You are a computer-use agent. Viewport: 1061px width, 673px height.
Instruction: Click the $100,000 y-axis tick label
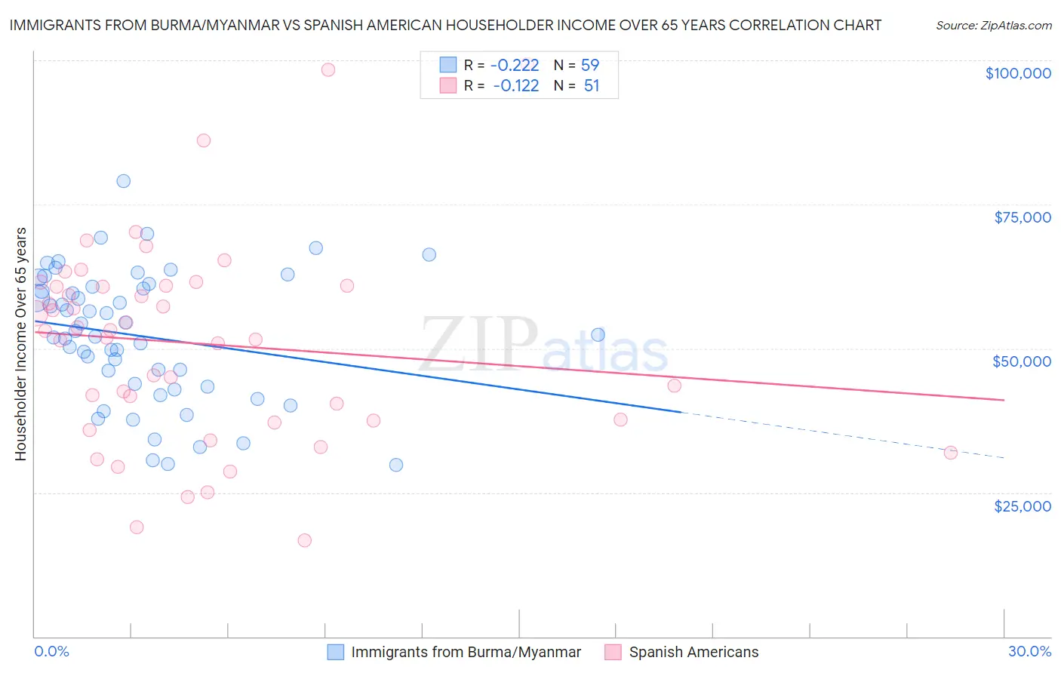point(1018,73)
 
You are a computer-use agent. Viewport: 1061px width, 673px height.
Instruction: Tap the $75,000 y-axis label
point(1023,217)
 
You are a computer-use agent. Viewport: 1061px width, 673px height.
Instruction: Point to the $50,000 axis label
point(1022,361)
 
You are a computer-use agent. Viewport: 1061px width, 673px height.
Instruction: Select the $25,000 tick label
point(1023,506)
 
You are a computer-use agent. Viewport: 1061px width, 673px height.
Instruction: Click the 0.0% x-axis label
point(51,652)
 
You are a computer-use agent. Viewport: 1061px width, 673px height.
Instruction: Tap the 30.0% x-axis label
point(1029,652)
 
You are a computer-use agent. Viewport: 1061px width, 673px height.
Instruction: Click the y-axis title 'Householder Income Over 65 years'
point(20,344)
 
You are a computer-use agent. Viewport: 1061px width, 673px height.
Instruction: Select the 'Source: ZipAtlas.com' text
point(993,26)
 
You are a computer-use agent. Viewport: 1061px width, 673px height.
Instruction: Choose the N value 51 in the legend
point(592,86)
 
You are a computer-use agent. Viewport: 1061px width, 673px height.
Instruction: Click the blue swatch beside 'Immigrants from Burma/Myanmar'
point(336,653)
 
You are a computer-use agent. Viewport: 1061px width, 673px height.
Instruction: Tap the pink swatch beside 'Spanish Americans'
point(613,653)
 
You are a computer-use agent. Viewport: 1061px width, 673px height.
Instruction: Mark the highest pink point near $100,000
point(328,69)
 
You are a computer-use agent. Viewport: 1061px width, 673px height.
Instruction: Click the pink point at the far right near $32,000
point(951,453)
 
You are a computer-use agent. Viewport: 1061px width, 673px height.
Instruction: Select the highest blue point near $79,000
point(123,181)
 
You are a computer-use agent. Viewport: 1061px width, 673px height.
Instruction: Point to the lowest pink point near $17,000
point(305,540)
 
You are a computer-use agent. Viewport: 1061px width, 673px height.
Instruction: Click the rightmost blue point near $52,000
point(598,335)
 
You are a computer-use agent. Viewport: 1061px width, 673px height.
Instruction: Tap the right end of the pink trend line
point(1004,400)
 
